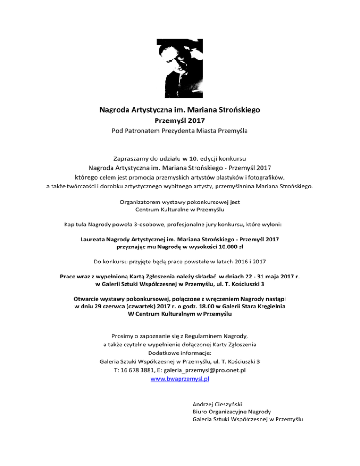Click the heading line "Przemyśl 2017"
point(180,120)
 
